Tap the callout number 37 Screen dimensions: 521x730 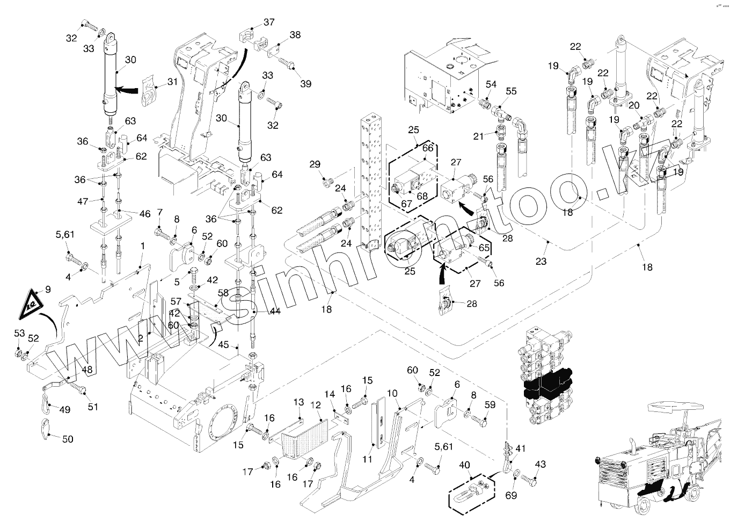click(x=268, y=22)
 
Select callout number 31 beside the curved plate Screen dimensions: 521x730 click(x=172, y=82)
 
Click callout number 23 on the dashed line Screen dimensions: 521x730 click(x=541, y=262)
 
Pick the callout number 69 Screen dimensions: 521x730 click(x=511, y=495)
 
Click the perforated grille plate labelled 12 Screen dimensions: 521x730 click(x=301, y=436)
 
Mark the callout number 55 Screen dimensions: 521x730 click(x=511, y=91)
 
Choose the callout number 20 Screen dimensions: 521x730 click(x=634, y=106)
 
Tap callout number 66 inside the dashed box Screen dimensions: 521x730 click(x=427, y=148)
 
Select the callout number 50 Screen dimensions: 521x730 click(x=68, y=439)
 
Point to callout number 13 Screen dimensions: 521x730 click(x=298, y=402)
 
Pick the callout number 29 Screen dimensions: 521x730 click(x=315, y=164)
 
